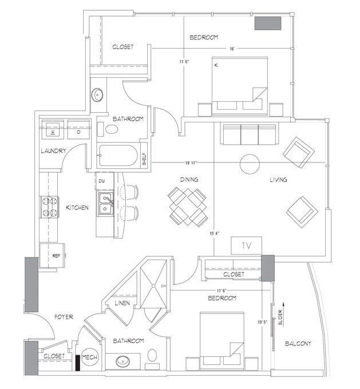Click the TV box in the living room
point(246,245)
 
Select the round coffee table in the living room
point(250,164)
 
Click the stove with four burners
point(50,207)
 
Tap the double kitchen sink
point(106,204)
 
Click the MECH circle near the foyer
point(89,357)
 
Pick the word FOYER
point(63,316)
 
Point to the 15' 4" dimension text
point(215,233)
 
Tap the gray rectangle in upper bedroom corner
point(267,23)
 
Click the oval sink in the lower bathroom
point(124,361)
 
